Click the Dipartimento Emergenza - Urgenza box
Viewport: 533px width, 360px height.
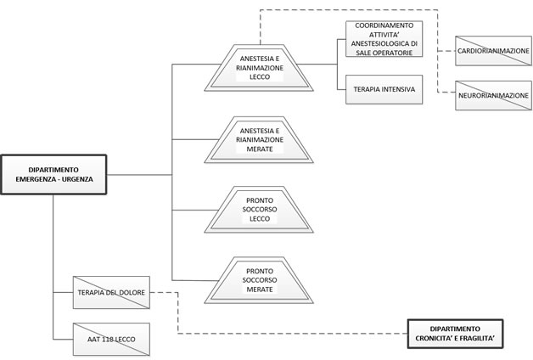click(53, 174)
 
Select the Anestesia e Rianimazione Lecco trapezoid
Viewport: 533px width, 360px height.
click(259, 68)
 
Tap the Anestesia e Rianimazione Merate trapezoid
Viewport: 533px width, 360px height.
click(259, 140)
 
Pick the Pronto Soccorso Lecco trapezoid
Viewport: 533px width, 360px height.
click(259, 210)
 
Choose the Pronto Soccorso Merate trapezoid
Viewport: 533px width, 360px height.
click(259, 280)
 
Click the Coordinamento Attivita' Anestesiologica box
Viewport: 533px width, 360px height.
click(384, 39)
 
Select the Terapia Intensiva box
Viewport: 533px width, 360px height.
click(384, 89)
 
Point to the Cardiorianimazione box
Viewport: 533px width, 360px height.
click(494, 51)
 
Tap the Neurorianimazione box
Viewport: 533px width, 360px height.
click(494, 96)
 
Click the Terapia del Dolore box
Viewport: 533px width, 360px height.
click(111, 292)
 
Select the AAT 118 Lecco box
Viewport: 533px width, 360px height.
click(111, 340)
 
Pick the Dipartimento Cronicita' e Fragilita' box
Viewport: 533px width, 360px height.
click(455, 334)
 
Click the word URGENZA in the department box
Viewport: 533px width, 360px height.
click(77, 179)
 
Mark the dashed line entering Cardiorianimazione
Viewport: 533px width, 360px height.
click(446, 51)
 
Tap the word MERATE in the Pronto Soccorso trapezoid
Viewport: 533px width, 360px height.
click(260, 290)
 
